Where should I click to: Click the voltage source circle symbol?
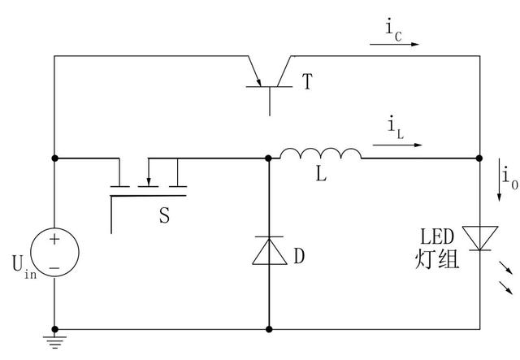(54, 253)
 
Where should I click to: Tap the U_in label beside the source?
(22, 268)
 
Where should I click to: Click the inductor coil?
(320, 154)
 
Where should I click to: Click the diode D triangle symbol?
(268, 253)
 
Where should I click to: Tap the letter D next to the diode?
(299, 256)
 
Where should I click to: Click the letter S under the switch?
(165, 215)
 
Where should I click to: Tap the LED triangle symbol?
(479, 238)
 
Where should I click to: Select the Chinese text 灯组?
(437, 259)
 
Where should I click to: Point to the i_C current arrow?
(395, 45)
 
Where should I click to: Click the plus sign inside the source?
(54, 240)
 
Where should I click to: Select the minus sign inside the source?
(54, 267)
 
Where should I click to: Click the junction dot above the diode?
(268, 158)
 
